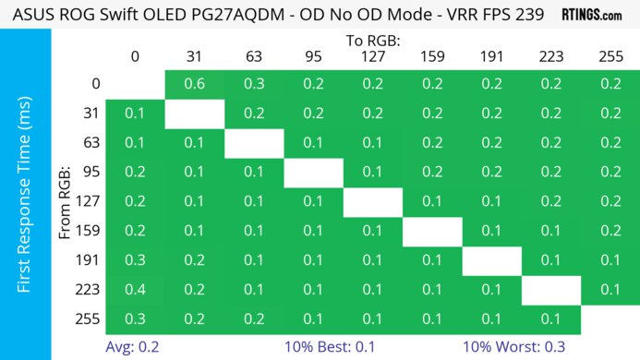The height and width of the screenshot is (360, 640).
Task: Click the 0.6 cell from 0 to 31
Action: click(194, 84)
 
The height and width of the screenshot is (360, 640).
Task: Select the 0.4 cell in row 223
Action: click(135, 291)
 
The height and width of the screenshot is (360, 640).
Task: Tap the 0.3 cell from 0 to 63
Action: click(253, 84)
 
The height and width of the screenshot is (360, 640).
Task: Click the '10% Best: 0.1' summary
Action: click(342, 346)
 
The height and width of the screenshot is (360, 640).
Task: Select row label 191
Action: click(91, 261)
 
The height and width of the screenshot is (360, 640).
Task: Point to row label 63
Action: click(91, 143)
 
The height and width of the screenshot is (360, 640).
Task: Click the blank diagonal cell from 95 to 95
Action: click(312, 173)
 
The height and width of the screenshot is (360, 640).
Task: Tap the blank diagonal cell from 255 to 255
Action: click(610, 320)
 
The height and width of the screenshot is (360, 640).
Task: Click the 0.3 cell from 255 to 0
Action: click(135, 320)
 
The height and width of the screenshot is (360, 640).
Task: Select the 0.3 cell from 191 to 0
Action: click(135, 261)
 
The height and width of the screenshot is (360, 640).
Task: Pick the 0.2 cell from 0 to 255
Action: click(610, 84)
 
